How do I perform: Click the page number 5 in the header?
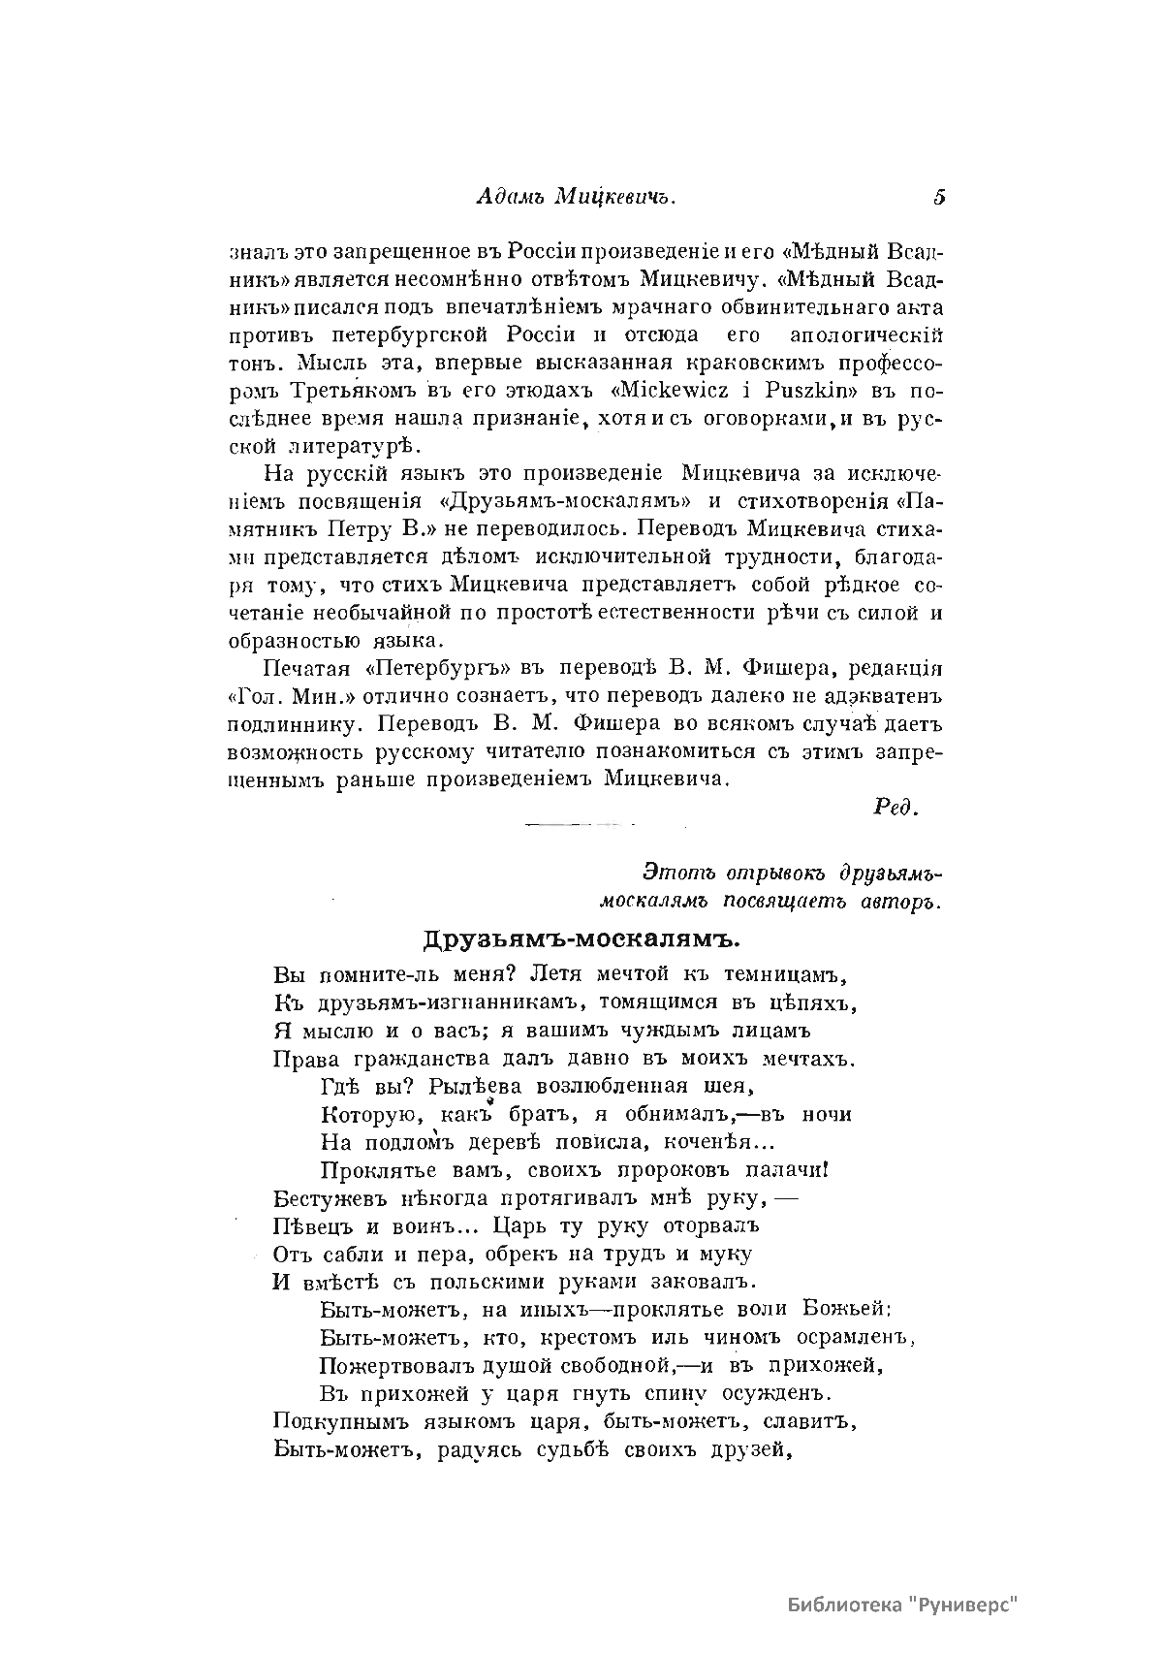(x=939, y=197)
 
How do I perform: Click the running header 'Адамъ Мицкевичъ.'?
(x=576, y=197)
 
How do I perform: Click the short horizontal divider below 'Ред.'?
(x=579, y=825)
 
